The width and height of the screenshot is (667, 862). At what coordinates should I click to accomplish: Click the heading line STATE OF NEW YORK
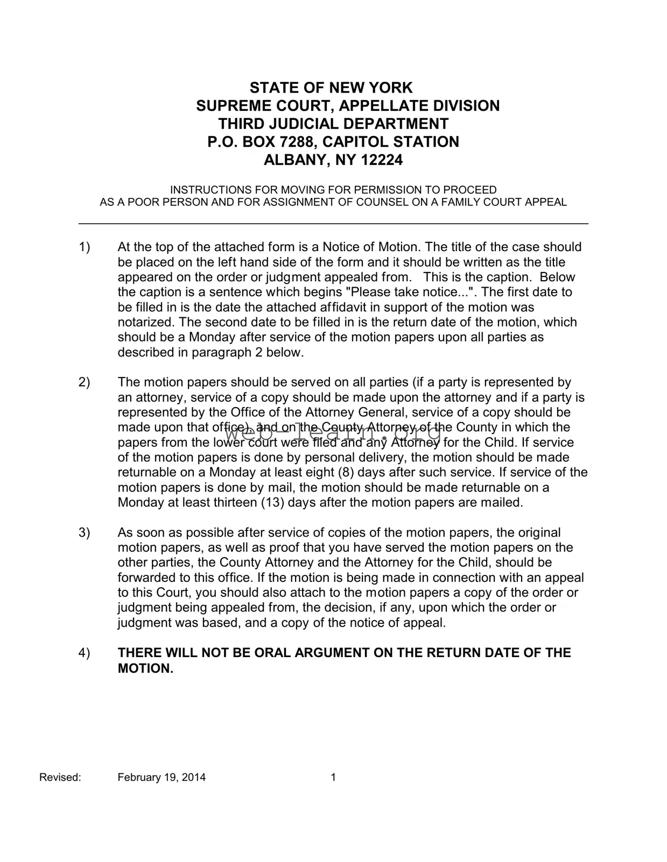coord(331,88)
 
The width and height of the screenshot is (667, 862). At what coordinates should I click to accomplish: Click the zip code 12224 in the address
coord(382,160)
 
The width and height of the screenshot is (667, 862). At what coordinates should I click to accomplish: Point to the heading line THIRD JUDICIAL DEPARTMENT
coord(333,124)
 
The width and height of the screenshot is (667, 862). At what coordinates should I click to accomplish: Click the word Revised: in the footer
coord(60,777)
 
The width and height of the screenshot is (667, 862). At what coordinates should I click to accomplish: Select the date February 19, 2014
coord(162,777)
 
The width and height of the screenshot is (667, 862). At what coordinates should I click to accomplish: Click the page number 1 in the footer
coord(333,777)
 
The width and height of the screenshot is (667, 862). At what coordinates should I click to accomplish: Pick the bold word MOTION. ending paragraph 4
coord(146,668)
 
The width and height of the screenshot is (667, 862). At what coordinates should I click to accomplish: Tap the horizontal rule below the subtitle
coord(333,223)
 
